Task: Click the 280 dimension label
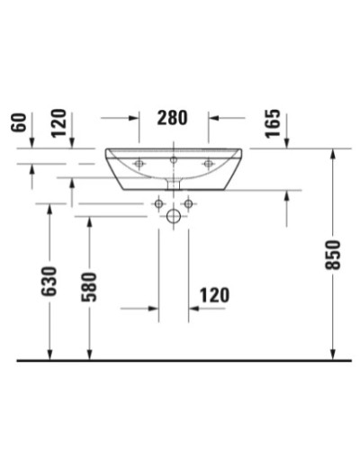pos(174,117)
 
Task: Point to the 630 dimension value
pos(49,282)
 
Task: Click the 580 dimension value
pos(88,285)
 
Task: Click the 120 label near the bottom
pos(213,295)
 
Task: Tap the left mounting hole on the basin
pos(139,163)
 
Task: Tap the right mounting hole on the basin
pos(208,163)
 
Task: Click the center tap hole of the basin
pos(174,160)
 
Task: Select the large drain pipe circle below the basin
pos(174,217)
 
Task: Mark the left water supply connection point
pos(158,204)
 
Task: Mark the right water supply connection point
pos(188,204)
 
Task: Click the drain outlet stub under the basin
pos(174,183)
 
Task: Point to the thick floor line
pos(180,360)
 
